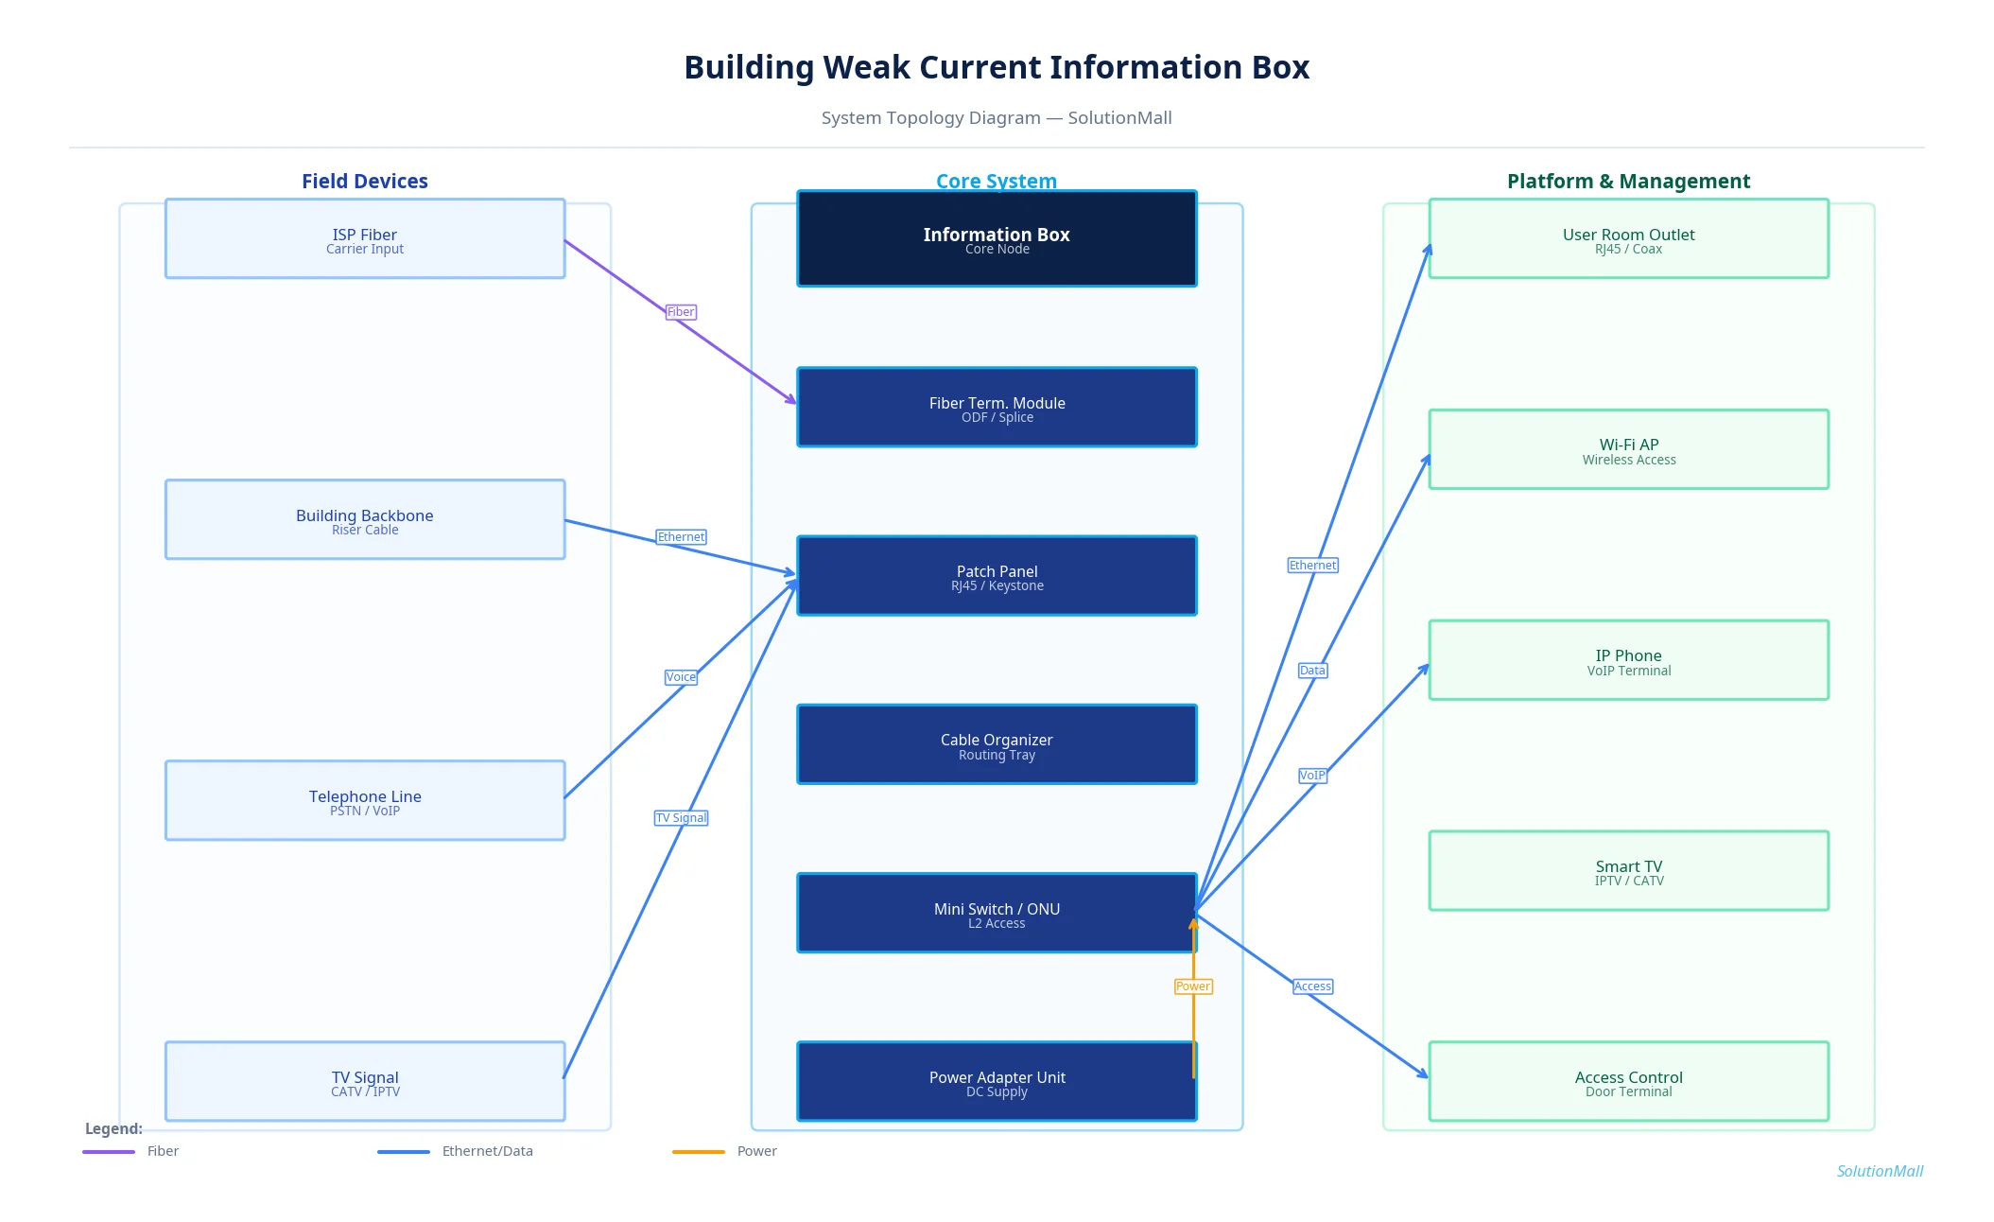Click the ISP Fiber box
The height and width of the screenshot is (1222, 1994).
(x=364, y=238)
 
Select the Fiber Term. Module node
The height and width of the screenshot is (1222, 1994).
(x=997, y=408)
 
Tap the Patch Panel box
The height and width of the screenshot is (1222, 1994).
(x=997, y=576)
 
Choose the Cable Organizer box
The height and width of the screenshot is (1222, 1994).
(x=997, y=744)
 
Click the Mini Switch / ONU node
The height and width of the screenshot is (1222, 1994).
(x=997, y=913)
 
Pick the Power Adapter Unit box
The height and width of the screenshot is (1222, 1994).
(x=997, y=1081)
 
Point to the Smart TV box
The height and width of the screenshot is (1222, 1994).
(x=1628, y=871)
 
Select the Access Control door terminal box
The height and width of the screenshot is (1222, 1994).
(x=1628, y=1081)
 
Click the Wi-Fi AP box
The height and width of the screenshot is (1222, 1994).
(x=1628, y=449)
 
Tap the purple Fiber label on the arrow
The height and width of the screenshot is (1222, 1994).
(x=681, y=312)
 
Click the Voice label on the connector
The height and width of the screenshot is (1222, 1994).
(x=681, y=677)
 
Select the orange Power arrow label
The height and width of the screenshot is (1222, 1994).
(x=1192, y=986)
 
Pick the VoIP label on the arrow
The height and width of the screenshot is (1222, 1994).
(x=1312, y=776)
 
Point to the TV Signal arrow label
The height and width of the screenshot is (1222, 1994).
(x=681, y=818)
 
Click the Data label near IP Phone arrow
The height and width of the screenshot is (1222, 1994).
(x=1312, y=671)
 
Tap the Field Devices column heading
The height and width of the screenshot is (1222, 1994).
(x=364, y=181)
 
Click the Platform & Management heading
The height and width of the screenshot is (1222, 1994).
(x=1628, y=181)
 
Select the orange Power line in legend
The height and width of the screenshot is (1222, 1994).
(x=698, y=1152)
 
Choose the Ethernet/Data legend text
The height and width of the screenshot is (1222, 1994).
(x=487, y=1151)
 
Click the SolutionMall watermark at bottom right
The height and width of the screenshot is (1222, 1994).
(x=1879, y=1171)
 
